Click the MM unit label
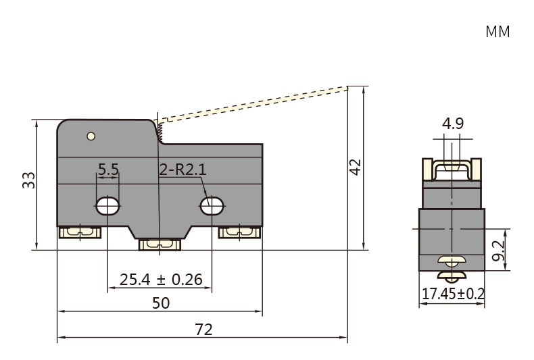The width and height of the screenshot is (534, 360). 497,32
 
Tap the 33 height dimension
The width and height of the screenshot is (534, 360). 29,180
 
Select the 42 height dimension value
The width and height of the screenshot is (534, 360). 355,167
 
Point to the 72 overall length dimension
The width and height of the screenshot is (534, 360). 203,330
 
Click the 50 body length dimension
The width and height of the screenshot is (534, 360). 161,303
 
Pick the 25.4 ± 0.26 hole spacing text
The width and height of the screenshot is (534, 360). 161,280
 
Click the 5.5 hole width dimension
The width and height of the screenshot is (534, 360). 108,169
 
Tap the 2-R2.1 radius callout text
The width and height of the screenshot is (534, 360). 183,169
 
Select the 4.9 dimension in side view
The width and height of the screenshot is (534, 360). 453,123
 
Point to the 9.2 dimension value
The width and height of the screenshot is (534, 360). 498,251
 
